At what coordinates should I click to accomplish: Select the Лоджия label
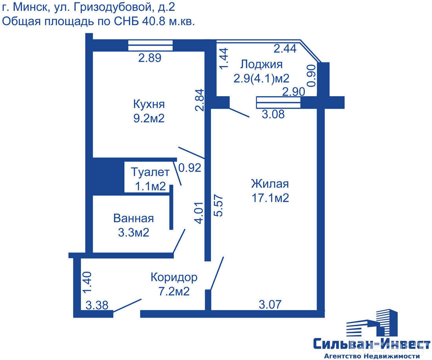tap(261, 64)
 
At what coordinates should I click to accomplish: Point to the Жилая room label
tap(270, 184)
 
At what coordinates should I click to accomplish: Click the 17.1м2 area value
tap(270, 198)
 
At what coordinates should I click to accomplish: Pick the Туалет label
tap(150, 172)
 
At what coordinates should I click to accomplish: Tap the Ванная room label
tap(134, 218)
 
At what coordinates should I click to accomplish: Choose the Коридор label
tap(174, 277)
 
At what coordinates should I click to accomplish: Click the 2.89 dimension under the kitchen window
tap(150, 58)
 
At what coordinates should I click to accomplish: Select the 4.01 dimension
tap(199, 213)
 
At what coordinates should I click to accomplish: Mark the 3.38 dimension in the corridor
tap(97, 305)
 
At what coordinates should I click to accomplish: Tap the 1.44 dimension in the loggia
tap(223, 58)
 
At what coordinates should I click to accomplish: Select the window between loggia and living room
tap(278, 102)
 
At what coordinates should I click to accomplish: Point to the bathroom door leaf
tap(179, 241)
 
